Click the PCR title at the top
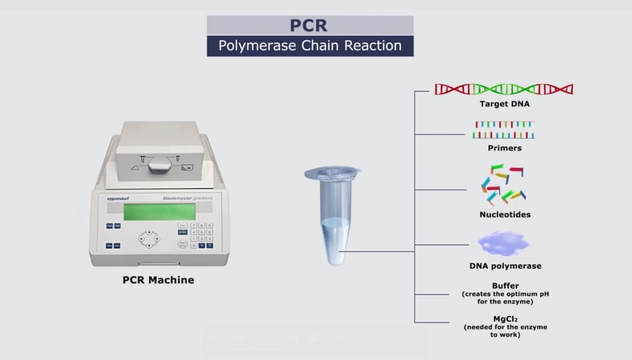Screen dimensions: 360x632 (310, 25)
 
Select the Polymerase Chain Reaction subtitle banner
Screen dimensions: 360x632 (310, 46)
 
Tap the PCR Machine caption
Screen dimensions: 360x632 (158, 280)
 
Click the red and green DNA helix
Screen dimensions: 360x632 (504, 89)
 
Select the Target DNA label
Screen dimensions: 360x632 (505, 104)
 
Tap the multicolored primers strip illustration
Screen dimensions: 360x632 (504, 129)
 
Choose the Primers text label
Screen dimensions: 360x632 (505, 148)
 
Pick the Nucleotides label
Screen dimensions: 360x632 (505, 214)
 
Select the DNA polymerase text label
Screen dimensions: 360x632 (505, 266)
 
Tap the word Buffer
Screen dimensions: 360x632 (505, 286)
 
